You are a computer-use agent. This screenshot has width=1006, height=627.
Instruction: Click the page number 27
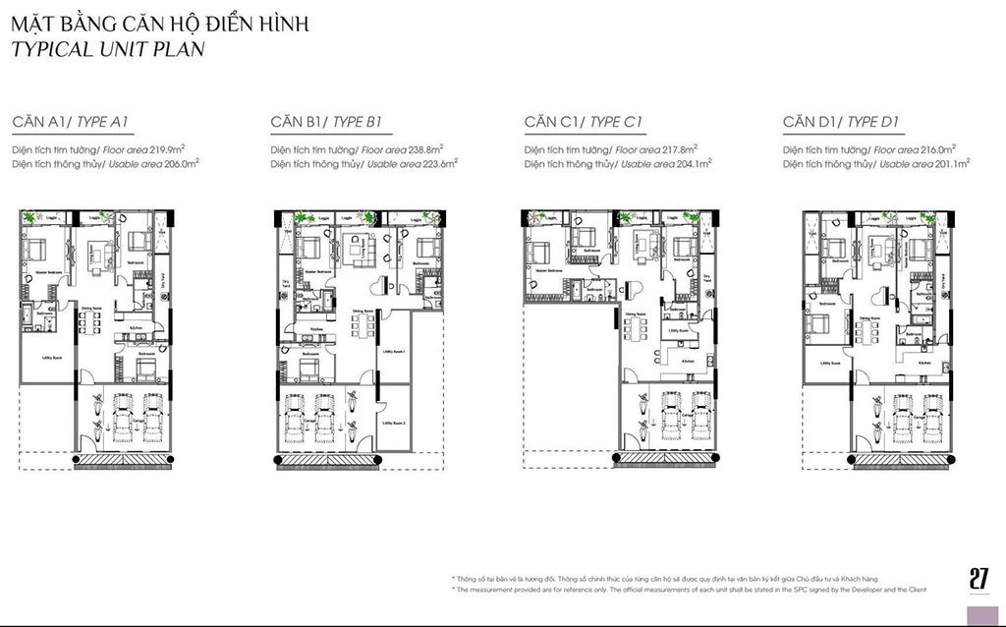pyautogui.click(x=978, y=579)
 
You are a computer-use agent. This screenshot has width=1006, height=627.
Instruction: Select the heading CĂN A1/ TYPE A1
pyautogui.click(x=71, y=123)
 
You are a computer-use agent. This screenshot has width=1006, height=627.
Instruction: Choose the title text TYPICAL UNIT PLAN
pyautogui.click(x=108, y=49)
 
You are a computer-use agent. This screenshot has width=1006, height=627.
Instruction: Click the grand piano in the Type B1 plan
pyautogui.click(x=385, y=286)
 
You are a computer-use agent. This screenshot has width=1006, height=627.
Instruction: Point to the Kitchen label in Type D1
pyautogui.click(x=924, y=363)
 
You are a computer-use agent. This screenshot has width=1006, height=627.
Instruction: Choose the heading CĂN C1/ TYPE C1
pyautogui.click(x=584, y=123)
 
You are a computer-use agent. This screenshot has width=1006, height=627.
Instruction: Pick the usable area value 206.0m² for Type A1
pyautogui.click(x=178, y=164)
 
